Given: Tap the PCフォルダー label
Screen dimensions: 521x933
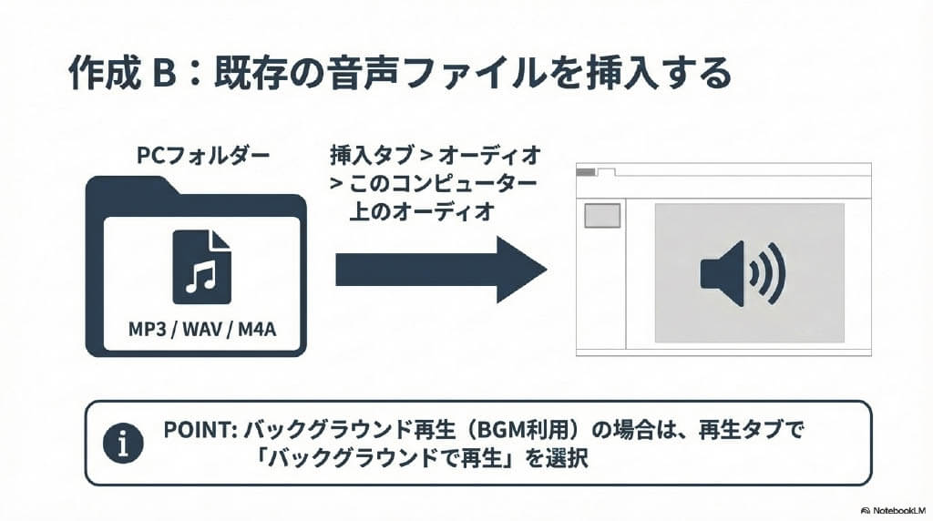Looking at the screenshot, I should (x=203, y=156).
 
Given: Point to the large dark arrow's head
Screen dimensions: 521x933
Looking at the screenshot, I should (x=520, y=270).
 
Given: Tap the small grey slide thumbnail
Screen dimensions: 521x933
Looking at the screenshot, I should (x=601, y=216).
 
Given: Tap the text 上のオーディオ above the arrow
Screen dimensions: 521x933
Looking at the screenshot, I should (x=421, y=211).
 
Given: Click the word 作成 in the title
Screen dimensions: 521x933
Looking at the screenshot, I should (x=97, y=74).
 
